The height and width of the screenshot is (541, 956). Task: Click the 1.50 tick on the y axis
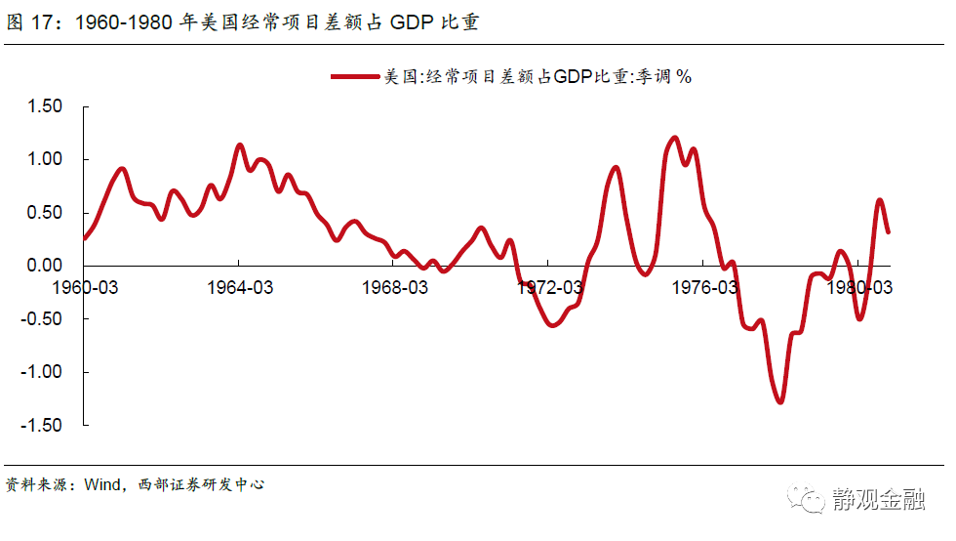click(45, 105)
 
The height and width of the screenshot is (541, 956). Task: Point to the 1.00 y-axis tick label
click(45, 159)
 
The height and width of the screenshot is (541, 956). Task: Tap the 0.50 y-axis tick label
click(45, 213)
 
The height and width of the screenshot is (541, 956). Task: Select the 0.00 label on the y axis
click(45, 266)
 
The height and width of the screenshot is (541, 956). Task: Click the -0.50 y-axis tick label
click(42, 319)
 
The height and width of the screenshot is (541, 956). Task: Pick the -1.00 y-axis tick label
click(42, 373)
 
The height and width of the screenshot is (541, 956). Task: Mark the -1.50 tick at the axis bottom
click(42, 426)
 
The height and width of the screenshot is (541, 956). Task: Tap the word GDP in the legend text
click(574, 76)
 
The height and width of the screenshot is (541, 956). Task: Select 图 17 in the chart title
click(27, 22)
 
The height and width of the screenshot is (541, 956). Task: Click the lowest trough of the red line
click(779, 401)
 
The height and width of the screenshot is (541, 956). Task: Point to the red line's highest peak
click(675, 138)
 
